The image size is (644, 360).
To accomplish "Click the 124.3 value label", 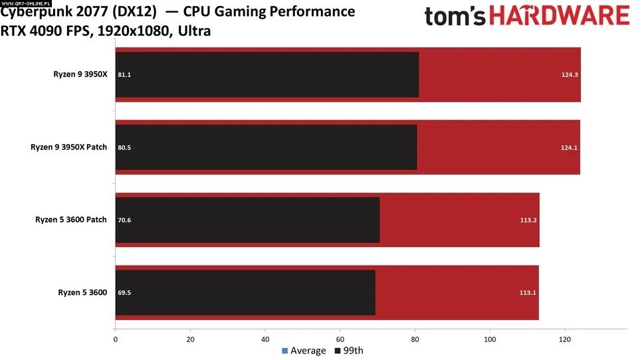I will coord(569,75).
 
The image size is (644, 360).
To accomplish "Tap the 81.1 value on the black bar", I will coord(124,75).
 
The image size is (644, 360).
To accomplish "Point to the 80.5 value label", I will coord(124,147).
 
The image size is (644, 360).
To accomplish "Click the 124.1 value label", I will coord(569,147).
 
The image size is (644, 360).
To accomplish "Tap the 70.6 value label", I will coord(124,220).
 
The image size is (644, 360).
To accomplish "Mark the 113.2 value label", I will coord(528,220).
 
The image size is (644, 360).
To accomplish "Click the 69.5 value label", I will coord(124,292).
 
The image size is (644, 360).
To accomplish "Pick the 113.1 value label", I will coord(528,292).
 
